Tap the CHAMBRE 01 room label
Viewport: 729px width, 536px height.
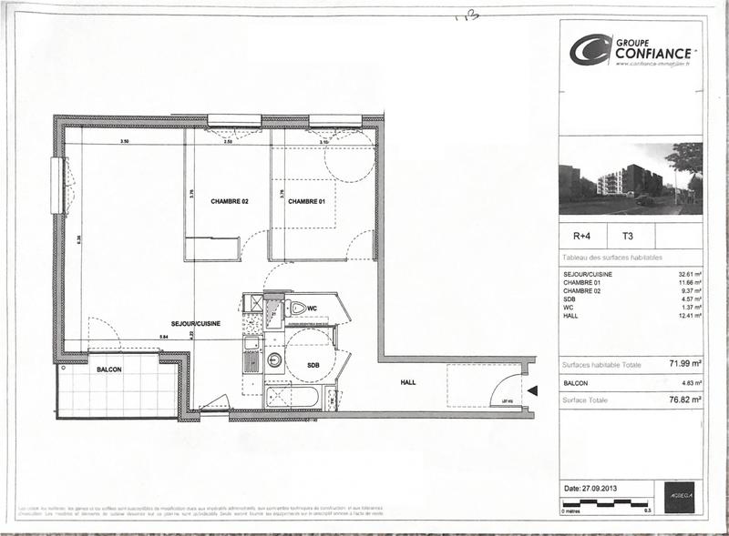click(306, 201)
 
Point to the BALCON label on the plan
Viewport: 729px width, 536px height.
click(110, 370)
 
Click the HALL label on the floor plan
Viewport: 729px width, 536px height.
click(407, 382)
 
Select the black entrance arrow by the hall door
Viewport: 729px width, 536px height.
click(533, 391)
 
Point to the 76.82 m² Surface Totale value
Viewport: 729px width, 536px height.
click(683, 399)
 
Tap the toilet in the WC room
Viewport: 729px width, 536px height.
click(298, 308)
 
